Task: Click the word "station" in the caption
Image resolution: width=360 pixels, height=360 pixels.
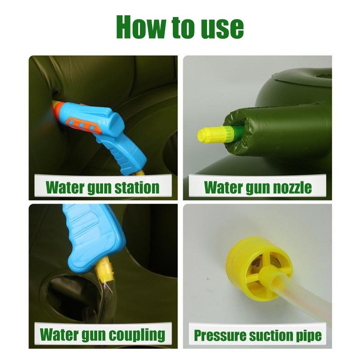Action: [x=137, y=188]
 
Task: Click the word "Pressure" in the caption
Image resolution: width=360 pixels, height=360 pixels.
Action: [x=220, y=335]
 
